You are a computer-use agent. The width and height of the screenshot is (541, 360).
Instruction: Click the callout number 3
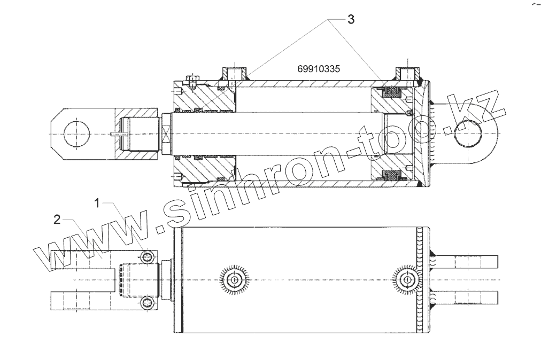[x=350, y=19]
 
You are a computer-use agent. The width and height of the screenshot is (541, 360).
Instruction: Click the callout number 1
[x=97, y=202]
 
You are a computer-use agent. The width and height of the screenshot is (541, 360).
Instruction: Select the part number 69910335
[x=319, y=69]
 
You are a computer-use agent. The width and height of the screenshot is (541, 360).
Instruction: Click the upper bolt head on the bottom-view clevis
[x=148, y=257]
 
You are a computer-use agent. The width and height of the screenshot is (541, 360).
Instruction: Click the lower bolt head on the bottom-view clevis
[x=148, y=304]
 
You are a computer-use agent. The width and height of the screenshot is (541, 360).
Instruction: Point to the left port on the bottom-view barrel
[x=234, y=280]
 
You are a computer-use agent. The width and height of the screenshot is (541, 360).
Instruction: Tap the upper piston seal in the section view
[x=393, y=92]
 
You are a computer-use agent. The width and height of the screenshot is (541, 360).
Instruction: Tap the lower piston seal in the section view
[x=393, y=175]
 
